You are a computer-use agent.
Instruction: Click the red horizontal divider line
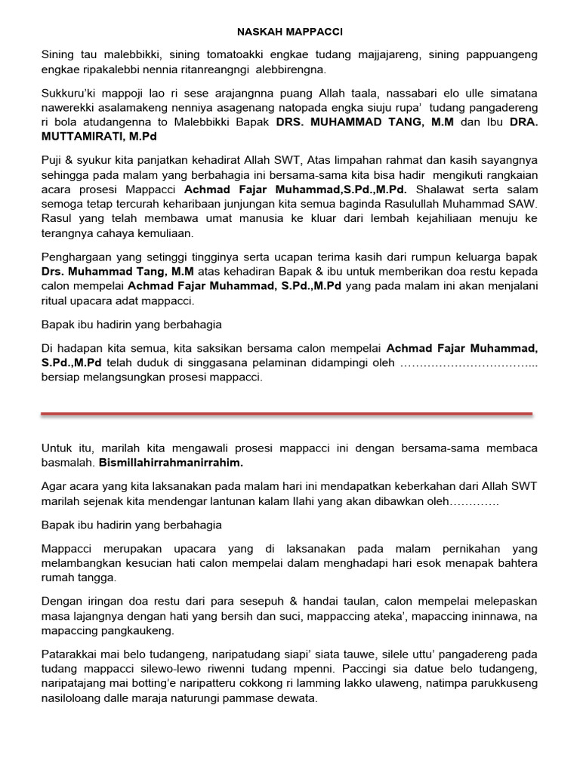(x=287, y=414)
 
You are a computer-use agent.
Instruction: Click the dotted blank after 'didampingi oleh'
(x=468, y=363)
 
